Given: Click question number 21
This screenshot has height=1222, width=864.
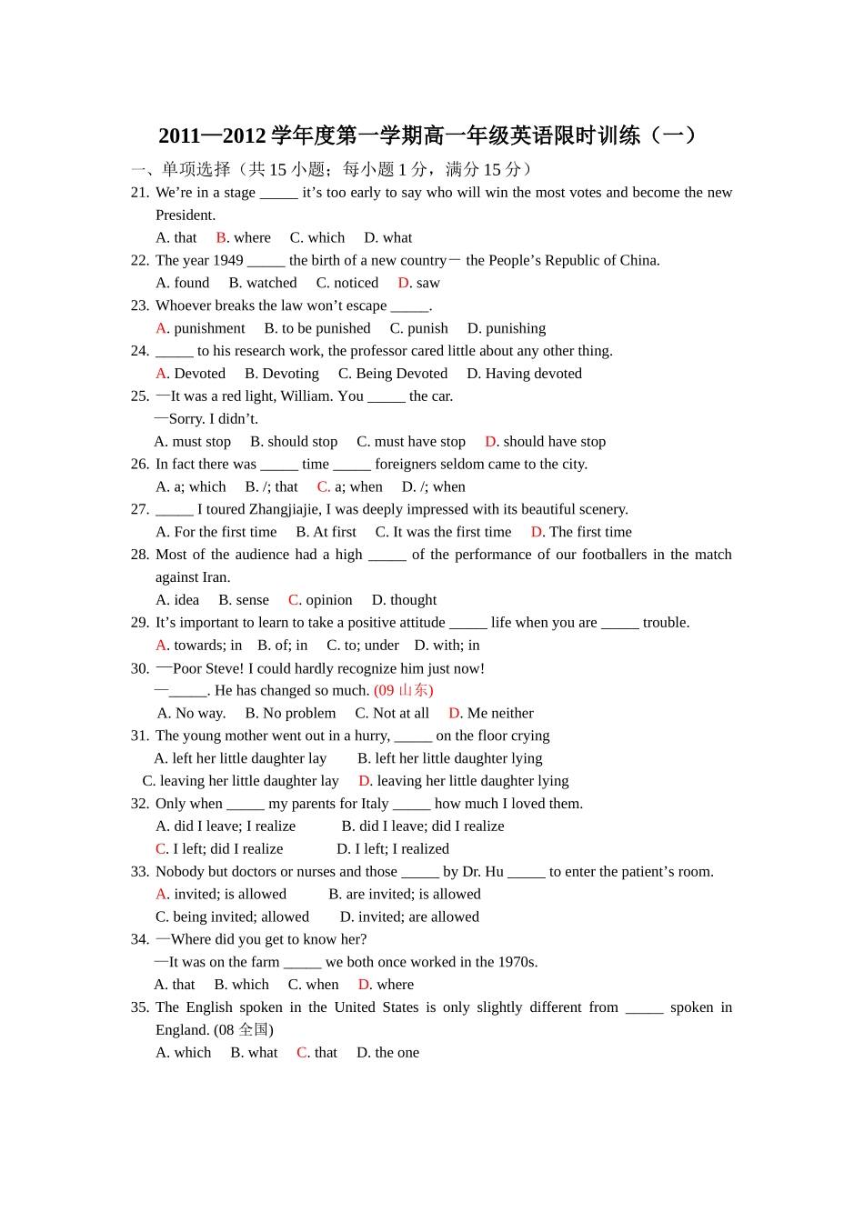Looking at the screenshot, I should [140, 192].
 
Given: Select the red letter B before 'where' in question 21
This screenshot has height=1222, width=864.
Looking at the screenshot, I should [221, 237].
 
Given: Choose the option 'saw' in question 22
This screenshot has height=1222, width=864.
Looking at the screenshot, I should [427, 283].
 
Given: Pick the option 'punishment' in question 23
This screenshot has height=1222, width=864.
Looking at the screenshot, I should [209, 328].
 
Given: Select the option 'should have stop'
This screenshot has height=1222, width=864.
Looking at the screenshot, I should [554, 442].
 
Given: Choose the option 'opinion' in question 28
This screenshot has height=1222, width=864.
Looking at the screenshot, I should [328, 600].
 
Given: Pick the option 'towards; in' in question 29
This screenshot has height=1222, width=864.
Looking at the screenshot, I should [207, 646].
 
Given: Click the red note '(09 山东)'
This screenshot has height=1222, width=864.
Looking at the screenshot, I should [404, 690].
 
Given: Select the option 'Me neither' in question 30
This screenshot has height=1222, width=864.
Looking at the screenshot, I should [500, 713].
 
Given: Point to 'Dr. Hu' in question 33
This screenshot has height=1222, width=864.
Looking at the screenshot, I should [483, 871].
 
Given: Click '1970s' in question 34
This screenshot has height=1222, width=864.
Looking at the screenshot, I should [517, 962].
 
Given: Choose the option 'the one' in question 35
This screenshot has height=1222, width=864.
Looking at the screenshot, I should [397, 1053].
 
